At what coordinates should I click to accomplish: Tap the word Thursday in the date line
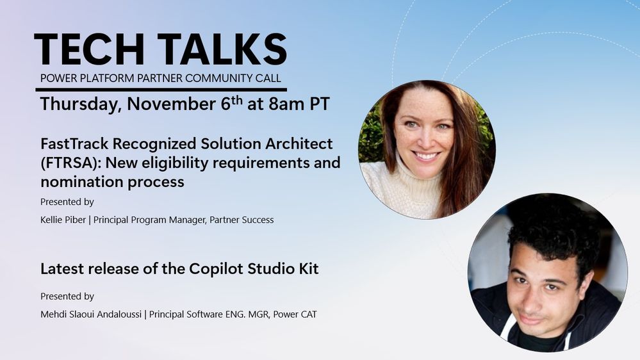click(80, 104)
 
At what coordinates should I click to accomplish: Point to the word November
click(172, 104)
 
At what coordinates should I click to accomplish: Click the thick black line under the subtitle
click(161, 90)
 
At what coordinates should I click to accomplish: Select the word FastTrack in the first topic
click(75, 143)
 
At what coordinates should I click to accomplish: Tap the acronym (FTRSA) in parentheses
click(70, 163)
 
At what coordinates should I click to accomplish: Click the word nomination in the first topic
click(81, 182)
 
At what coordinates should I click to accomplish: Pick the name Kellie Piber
click(63, 220)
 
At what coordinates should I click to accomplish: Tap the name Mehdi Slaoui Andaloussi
click(91, 315)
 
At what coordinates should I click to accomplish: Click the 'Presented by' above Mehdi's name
click(67, 297)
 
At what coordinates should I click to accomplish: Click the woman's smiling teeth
click(425, 156)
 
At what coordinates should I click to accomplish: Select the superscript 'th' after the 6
click(238, 100)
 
